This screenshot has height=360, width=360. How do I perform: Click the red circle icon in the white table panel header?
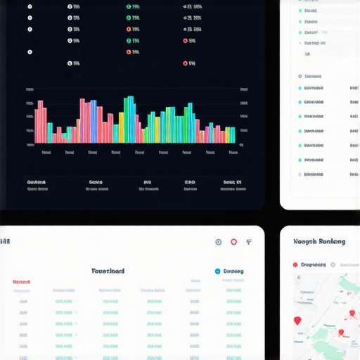233,242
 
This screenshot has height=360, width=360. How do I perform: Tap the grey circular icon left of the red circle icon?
218,242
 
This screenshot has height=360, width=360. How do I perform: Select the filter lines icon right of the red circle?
249,242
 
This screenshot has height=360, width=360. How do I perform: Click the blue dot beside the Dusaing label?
217,271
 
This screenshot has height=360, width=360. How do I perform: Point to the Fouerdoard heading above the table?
108,271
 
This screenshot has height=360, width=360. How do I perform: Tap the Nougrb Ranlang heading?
319,241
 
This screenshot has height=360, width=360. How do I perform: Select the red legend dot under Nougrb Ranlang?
295,265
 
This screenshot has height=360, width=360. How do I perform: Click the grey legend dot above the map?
334,265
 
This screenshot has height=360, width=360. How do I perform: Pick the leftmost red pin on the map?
297,321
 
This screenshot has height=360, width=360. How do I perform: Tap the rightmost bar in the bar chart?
233,134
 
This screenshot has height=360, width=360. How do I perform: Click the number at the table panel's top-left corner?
5,242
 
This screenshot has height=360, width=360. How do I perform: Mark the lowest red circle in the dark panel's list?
186,63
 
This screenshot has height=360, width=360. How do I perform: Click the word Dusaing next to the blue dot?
233,271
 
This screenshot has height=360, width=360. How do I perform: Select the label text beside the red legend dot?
314,265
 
